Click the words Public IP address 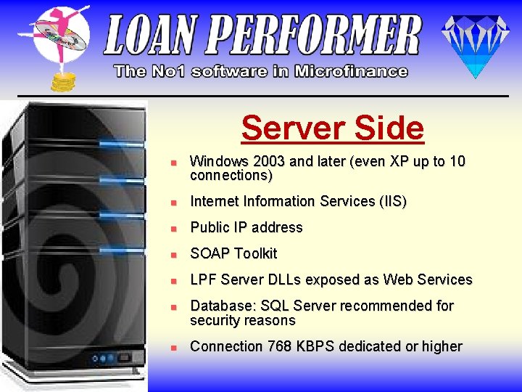pos(246,227)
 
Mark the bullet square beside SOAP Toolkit pos(173,255)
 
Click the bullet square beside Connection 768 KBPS pos(173,348)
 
